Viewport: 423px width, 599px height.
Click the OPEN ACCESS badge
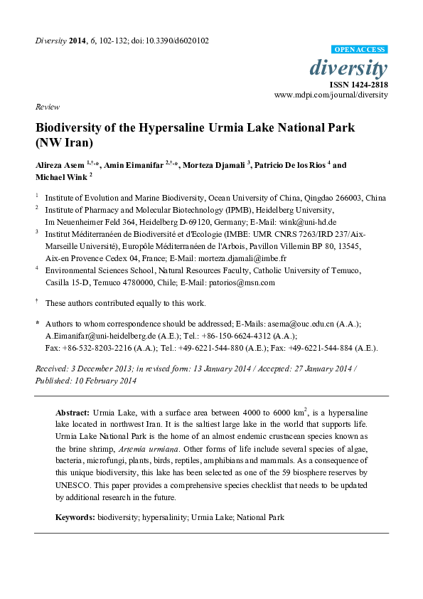360,50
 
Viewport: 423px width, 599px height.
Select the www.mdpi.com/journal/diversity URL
331,95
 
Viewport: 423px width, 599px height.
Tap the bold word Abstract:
72,413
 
